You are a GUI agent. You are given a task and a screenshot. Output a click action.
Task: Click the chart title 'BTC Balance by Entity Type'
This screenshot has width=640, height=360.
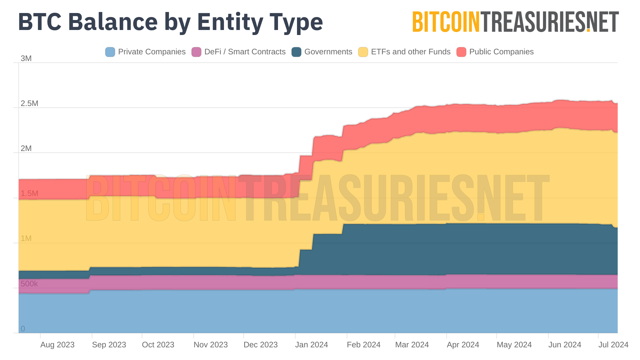point(170,22)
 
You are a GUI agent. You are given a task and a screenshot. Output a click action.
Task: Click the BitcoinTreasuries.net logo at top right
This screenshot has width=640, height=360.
point(515,22)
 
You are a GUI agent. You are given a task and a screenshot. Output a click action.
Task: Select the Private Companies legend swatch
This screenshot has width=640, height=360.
point(110,52)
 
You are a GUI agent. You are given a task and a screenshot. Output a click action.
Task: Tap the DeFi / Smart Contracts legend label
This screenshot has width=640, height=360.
point(245,52)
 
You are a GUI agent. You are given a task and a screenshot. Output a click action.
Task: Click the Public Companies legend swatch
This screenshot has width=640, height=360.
point(461,52)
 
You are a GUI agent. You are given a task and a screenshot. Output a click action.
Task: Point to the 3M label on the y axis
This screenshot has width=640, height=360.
point(26,59)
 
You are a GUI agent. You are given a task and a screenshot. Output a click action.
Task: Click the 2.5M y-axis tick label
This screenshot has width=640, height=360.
point(29,104)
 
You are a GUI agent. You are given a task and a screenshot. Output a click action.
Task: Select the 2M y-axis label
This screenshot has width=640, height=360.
point(26,149)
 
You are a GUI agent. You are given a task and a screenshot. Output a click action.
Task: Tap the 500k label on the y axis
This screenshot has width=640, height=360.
point(29,284)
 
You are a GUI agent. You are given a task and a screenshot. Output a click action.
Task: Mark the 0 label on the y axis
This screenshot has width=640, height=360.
point(23,329)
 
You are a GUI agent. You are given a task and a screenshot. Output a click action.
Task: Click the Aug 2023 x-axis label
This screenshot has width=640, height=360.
point(57,345)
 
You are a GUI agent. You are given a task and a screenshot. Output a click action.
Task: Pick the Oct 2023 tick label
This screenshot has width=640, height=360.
point(158,345)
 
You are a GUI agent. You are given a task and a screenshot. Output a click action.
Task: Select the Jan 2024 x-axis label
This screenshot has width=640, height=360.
point(311,345)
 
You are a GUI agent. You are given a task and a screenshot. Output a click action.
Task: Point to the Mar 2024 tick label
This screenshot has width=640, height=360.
point(412,345)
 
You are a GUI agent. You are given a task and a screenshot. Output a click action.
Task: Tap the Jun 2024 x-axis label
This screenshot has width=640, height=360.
point(565,345)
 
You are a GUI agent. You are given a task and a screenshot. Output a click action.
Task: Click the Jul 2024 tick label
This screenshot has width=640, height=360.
point(613,345)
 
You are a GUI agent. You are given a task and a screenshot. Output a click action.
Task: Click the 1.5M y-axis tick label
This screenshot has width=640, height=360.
point(29,194)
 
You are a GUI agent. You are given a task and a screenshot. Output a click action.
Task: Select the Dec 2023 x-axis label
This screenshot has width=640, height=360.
point(261,345)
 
